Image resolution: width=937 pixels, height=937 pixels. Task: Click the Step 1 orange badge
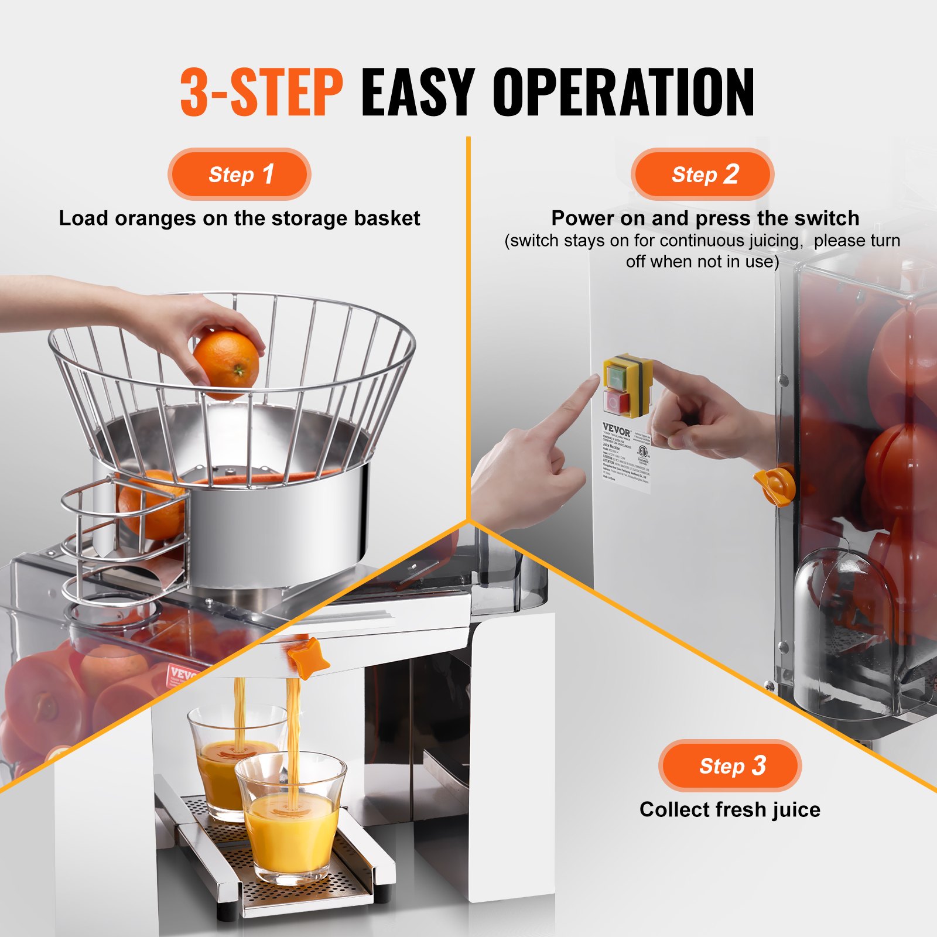point(239,175)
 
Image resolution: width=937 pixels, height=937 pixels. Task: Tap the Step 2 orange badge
point(702,175)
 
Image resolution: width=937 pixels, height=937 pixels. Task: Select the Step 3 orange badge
point(730,765)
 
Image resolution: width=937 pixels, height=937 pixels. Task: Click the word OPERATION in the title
point(623,92)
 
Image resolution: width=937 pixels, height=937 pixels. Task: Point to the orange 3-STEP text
point(261,92)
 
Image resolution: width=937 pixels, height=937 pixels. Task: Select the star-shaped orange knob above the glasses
point(309,658)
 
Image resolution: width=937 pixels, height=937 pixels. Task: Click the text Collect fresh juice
point(730,809)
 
